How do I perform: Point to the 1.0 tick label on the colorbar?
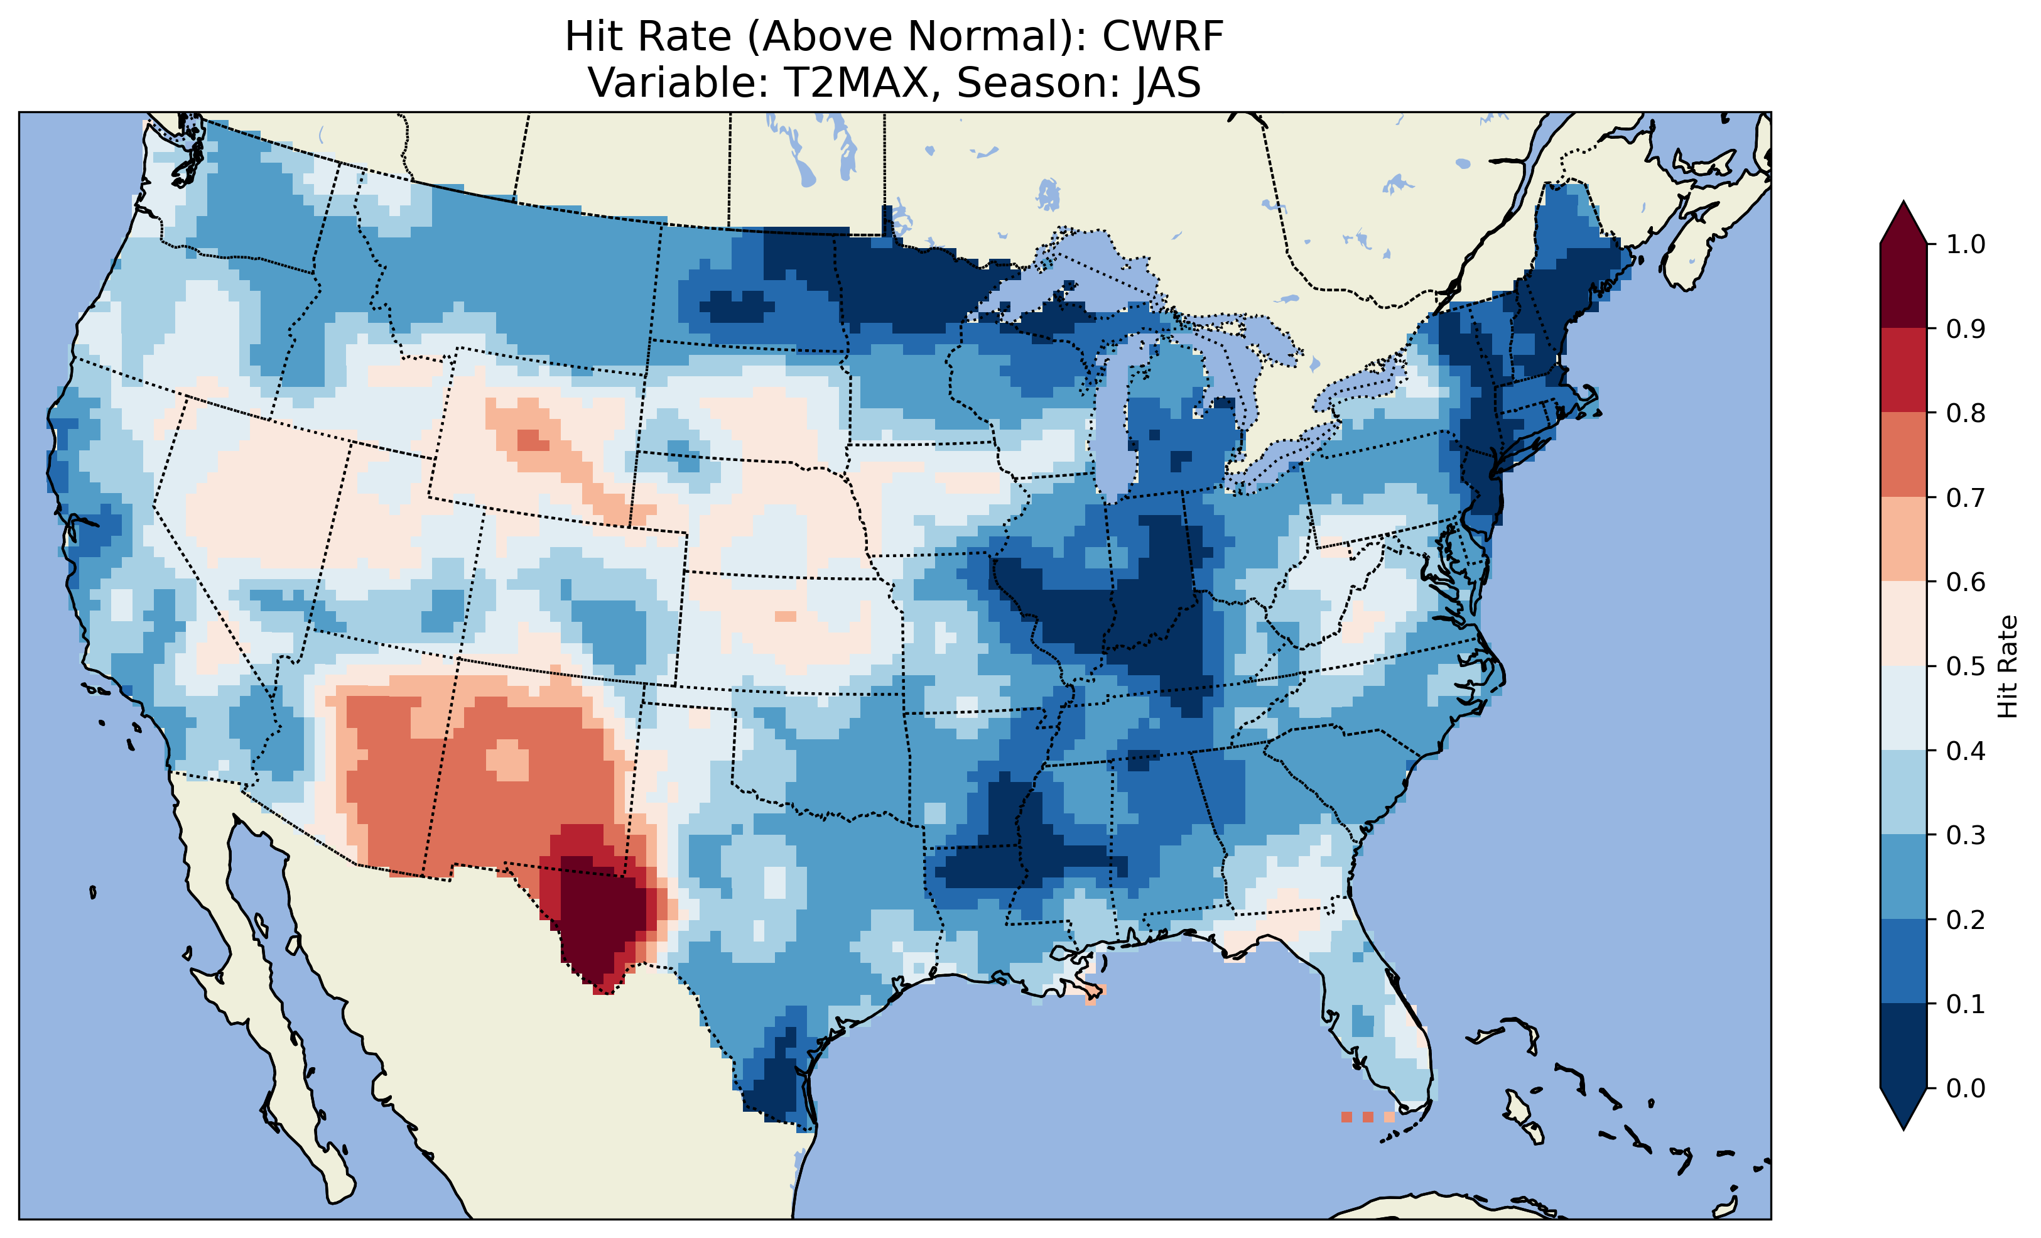tap(1966, 244)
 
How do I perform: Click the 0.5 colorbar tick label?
tap(1966, 666)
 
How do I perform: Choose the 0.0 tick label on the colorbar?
tap(1966, 1088)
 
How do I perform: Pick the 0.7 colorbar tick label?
tap(1966, 497)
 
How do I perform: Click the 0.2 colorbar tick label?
tap(1966, 920)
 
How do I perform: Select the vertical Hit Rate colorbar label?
tap(2007, 666)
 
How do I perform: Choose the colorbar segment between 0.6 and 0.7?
tap(1903, 539)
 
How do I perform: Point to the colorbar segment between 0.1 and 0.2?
tap(1903, 961)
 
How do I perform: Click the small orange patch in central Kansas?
tap(785, 617)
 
